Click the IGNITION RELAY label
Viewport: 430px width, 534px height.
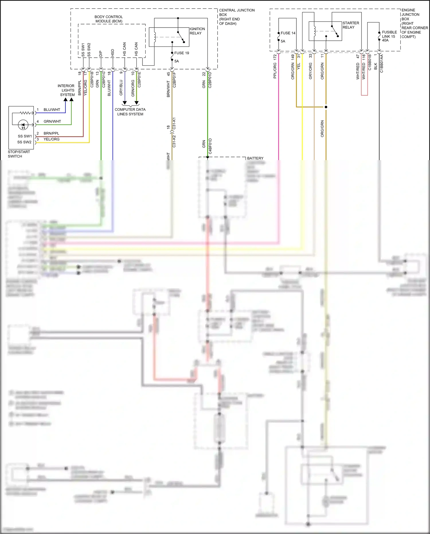click(197, 31)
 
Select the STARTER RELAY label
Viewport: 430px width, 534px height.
click(351, 25)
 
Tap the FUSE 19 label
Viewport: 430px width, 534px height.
click(181, 53)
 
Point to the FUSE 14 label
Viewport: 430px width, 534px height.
click(288, 33)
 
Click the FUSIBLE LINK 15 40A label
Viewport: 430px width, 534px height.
click(389, 36)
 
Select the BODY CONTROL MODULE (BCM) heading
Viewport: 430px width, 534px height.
click(109, 19)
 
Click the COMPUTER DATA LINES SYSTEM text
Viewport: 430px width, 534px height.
click(130, 112)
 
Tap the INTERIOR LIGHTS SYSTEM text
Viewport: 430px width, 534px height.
click(66, 90)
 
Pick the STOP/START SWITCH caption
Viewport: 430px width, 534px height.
click(19, 154)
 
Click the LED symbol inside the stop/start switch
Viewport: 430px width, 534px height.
click(23, 125)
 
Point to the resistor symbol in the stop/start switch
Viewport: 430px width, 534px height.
click(25, 113)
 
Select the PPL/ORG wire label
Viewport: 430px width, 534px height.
click(275, 70)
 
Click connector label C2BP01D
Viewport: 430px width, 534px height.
click(210, 80)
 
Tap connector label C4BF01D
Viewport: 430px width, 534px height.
click(210, 146)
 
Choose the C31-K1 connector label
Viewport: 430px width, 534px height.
click(174, 123)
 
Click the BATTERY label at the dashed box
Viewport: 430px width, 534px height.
click(255, 158)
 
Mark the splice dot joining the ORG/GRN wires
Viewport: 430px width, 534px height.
click(326, 107)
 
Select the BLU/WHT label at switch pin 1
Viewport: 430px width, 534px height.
click(52, 110)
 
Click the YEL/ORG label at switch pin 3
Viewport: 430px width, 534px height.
click(52, 139)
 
